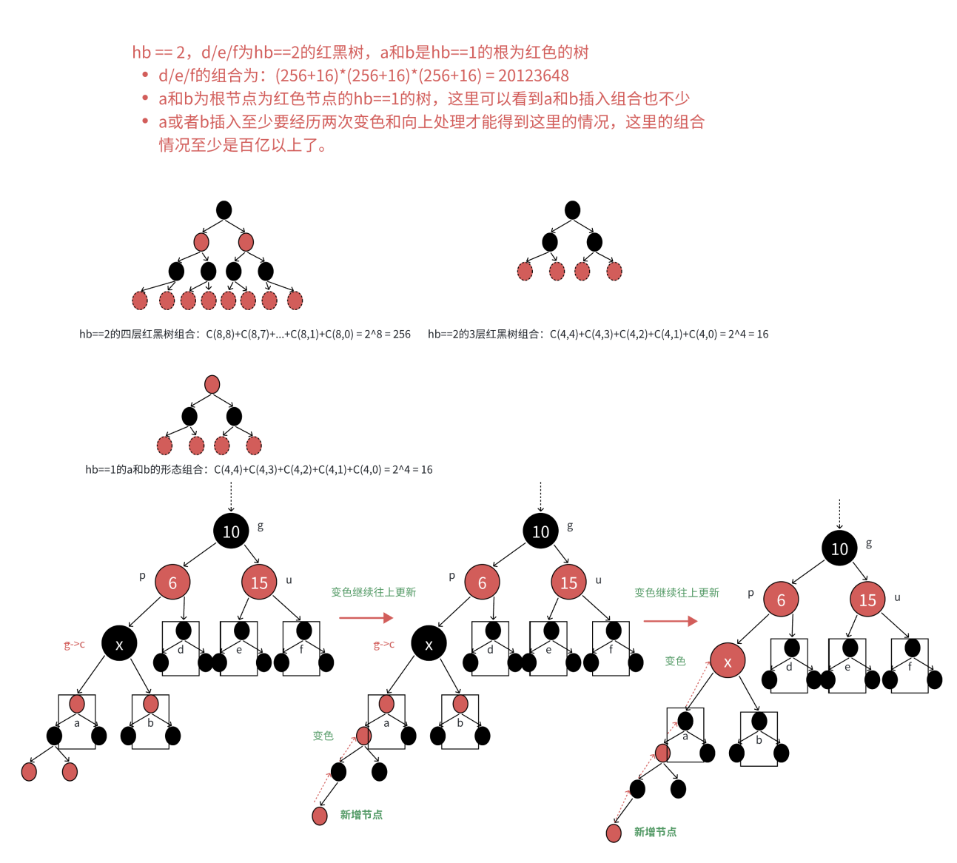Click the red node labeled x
pyautogui.click(x=727, y=662)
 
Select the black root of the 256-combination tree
pyautogui.click(x=224, y=210)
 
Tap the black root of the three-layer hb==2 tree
pyautogui.click(x=572, y=210)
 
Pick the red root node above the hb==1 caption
pyautogui.click(x=212, y=384)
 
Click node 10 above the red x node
pyautogui.click(x=839, y=548)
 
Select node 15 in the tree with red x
pyautogui.click(x=867, y=600)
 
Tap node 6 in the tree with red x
pyautogui.click(x=780, y=600)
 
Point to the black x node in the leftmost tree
pyautogui.click(x=119, y=644)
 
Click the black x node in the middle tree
pyautogui.click(x=429, y=644)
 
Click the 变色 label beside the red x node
pyautogui.click(x=675, y=661)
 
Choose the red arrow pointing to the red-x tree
pyautogui.click(x=670, y=620)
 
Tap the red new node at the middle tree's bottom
pyautogui.click(x=320, y=816)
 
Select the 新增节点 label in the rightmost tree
pyautogui.click(x=655, y=832)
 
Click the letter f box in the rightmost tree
pyautogui.click(x=910, y=666)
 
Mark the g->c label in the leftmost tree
pyautogui.click(x=74, y=645)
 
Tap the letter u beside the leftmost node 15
pyautogui.click(x=289, y=580)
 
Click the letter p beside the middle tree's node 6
pyautogui.click(x=452, y=576)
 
